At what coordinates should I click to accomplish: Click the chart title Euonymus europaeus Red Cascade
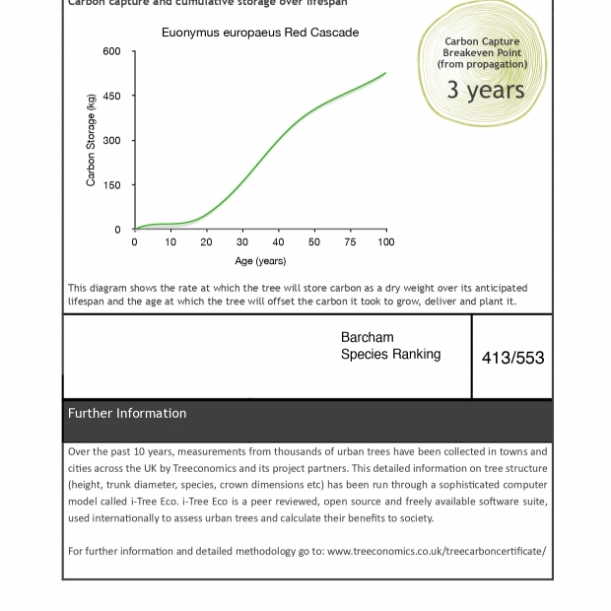[x=260, y=33]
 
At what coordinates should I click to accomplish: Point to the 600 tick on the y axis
[x=111, y=52]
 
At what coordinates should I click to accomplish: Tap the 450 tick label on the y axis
[x=111, y=97]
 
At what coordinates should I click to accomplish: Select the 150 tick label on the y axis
[x=111, y=185]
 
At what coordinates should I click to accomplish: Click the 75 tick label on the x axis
[x=350, y=242]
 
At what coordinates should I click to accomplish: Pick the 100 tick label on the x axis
[x=385, y=242]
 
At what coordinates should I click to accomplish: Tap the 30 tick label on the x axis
[x=242, y=242]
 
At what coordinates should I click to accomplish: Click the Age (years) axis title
[x=260, y=261]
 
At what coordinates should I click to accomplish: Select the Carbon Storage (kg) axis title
[x=92, y=140]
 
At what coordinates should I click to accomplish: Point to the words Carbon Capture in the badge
[x=482, y=42]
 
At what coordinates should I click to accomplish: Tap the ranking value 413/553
[x=512, y=358]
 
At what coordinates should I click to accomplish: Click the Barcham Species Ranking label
[x=390, y=346]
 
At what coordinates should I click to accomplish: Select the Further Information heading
[x=127, y=413]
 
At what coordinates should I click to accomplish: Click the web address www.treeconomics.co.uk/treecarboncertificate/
[x=436, y=551]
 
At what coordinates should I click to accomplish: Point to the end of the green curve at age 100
[x=385, y=73]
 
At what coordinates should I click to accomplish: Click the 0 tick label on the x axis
[x=135, y=242]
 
